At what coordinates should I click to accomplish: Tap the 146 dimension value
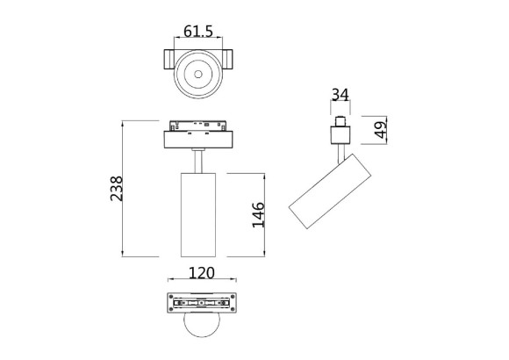[x=259, y=213]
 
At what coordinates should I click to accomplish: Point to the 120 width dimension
[x=202, y=272]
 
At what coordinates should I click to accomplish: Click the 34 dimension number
[x=340, y=95]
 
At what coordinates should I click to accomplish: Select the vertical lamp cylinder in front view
[x=197, y=213]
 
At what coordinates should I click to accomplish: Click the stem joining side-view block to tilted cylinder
[x=340, y=152]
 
